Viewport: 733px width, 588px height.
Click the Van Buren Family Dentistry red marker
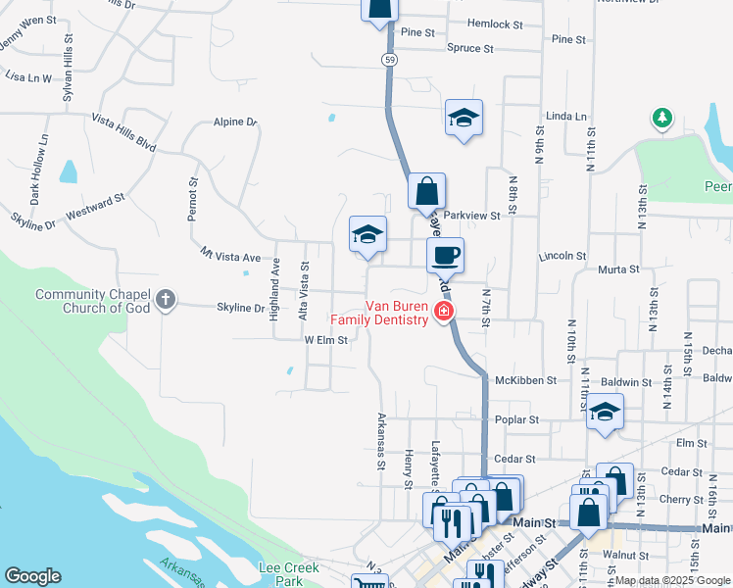pyautogui.click(x=444, y=313)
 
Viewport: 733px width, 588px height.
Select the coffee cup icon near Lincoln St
pyautogui.click(x=445, y=256)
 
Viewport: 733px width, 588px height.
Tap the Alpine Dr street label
pyautogui.click(x=235, y=122)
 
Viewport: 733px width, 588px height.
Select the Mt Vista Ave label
pyautogui.click(x=230, y=256)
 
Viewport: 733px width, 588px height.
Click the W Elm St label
pyautogui.click(x=326, y=340)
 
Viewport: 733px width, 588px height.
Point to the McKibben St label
pyautogui.click(x=525, y=380)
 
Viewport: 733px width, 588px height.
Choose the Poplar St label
pyautogui.click(x=519, y=419)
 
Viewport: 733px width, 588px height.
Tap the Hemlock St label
pyautogui.click(x=495, y=24)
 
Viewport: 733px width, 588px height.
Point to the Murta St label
pyautogui.click(x=617, y=268)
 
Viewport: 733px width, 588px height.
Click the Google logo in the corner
pyautogui.click(x=32, y=576)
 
